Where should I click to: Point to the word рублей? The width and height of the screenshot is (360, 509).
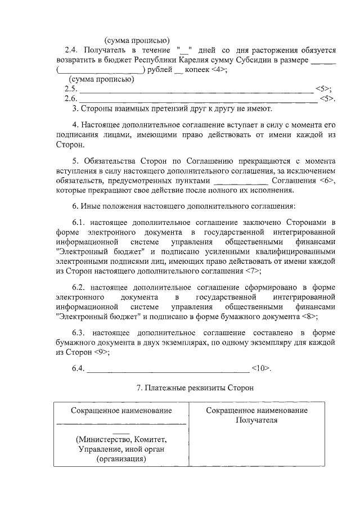point(161,69)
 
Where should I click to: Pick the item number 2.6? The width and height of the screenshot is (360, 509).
point(71,99)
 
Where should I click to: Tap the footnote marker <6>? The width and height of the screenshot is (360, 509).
point(327,181)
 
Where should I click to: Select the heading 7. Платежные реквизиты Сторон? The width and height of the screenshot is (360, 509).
point(196,388)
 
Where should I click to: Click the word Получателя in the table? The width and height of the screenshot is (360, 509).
point(256,420)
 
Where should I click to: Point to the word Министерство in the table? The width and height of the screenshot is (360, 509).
point(103,439)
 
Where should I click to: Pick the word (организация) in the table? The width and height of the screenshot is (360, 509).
point(121,459)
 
